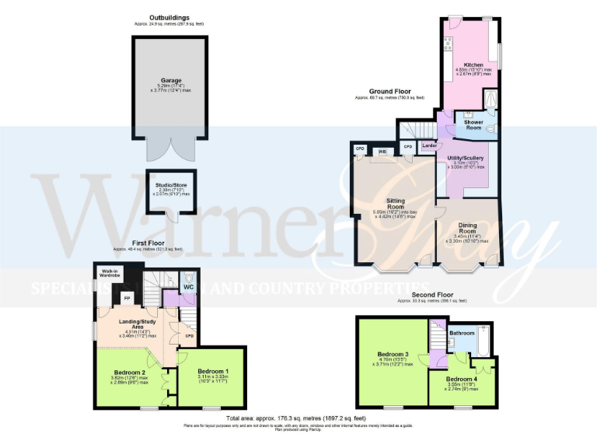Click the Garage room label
[x=171, y=80]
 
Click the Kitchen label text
[x=473, y=65]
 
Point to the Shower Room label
[x=474, y=124]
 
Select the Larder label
[x=428, y=145]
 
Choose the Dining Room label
[x=466, y=228]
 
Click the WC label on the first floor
[x=189, y=287]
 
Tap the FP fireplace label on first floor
[x=127, y=298]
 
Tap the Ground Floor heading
[x=390, y=92]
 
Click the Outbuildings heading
[x=171, y=17]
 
